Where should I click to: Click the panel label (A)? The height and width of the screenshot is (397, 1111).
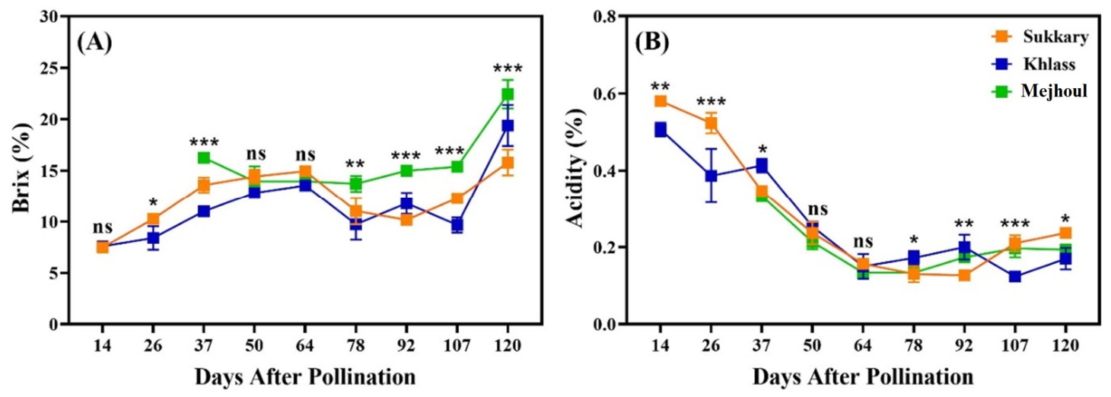(94, 43)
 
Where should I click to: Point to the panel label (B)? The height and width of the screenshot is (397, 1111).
(652, 43)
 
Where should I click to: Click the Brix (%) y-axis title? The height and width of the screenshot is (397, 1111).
(22, 169)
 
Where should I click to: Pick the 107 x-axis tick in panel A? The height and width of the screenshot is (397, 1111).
(457, 345)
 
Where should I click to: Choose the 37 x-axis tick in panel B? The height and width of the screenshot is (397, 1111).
(761, 345)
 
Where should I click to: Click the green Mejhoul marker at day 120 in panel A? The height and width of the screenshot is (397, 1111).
(508, 94)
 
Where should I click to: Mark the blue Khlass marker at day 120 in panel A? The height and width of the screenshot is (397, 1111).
(508, 126)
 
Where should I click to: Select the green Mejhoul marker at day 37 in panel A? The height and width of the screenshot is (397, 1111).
(203, 157)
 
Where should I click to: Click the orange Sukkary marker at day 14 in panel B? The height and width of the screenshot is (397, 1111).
(661, 101)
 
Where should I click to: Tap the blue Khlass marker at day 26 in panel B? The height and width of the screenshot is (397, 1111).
(711, 176)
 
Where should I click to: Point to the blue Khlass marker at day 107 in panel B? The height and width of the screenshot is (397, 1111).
(1015, 276)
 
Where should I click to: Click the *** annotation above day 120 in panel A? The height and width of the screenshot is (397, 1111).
(508, 69)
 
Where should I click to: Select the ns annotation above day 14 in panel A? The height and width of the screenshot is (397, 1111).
(103, 227)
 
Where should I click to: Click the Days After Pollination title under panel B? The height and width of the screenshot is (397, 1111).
(862, 377)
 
